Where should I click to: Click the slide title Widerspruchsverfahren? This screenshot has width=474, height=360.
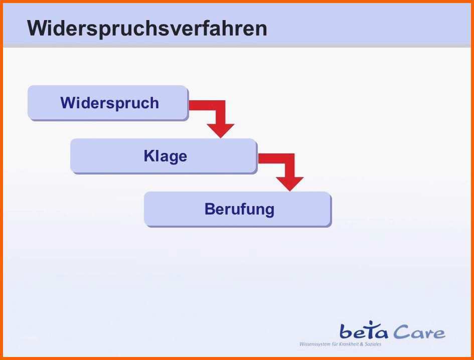pyautogui.click(x=147, y=29)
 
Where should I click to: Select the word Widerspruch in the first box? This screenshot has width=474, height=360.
pyautogui.click(x=110, y=103)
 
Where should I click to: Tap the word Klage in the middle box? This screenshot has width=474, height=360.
pyautogui.click(x=166, y=156)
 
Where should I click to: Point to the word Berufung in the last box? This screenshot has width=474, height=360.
pyautogui.click(x=239, y=209)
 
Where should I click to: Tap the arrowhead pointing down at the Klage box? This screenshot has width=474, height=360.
pyautogui.click(x=221, y=130)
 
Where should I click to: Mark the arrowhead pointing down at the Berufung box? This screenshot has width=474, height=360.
pyautogui.click(x=289, y=184)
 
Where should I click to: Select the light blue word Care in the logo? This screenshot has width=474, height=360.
pyautogui.click(x=419, y=332)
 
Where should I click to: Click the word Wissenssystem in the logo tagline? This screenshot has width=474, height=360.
pyautogui.click(x=314, y=344)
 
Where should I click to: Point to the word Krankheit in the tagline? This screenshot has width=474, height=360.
pyautogui.click(x=350, y=344)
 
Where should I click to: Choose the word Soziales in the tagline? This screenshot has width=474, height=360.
pyautogui.click(x=373, y=344)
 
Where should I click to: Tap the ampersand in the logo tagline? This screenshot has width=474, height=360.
pyautogui.click(x=362, y=344)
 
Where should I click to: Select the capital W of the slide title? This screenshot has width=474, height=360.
pyautogui.click(x=38, y=29)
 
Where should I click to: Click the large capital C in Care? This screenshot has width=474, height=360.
pyautogui.click(x=401, y=332)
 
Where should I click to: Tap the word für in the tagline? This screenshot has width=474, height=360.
pyautogui.click(x=335, y=344)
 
